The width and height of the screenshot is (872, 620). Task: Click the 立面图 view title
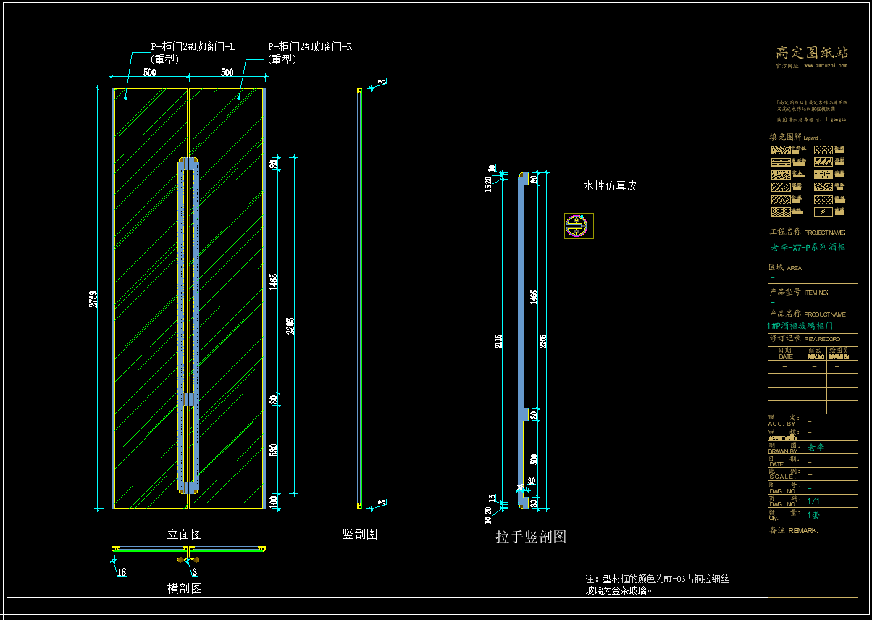[185, 535]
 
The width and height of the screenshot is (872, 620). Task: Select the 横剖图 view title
[185, 588]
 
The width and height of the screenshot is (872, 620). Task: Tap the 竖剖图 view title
[360, 535]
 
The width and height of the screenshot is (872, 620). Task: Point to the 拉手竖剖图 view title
[531, 537]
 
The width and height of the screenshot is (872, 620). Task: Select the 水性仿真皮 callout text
[610, 186]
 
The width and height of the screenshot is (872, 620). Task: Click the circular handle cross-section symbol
[577, 225]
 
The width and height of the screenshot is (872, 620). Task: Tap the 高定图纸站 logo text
[812, 53]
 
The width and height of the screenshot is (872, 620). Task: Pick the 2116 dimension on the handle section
[498, 340]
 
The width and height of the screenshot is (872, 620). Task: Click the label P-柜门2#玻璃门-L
[193, 47]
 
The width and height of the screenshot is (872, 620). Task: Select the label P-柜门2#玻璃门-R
[310, 47]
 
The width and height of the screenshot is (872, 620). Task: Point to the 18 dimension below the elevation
[121, 572]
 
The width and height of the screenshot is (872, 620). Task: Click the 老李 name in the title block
[816, 448]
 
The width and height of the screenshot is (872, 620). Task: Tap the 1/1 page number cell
[813, 501]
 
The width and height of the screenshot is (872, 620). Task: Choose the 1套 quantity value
[813, 515]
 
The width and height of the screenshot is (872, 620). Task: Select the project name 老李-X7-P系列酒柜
[808, 248]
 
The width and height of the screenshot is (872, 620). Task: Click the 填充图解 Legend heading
[795, 137]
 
